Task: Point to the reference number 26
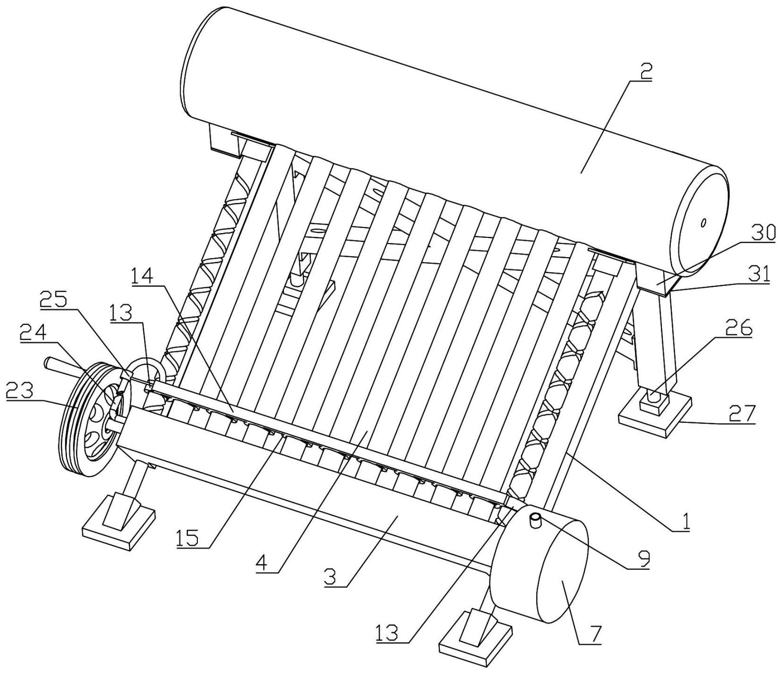point(739,328)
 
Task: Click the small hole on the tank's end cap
point(703,223)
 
